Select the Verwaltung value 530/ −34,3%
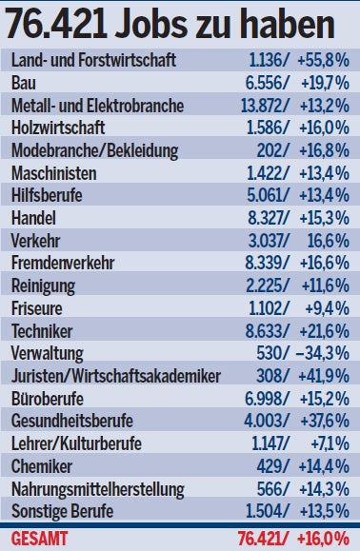pyautogui.click(x=305, y=350)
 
